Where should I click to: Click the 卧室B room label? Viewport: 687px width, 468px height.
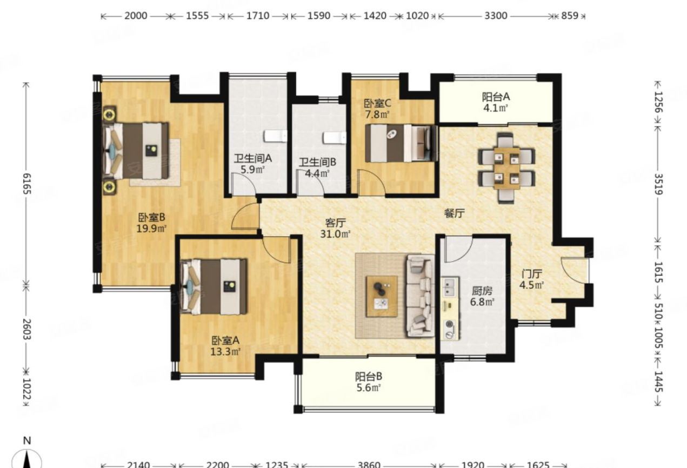pos(152,217)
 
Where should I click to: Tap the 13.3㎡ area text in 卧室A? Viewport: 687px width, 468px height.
pos(225,351)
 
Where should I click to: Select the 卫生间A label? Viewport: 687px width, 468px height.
pos(253,158)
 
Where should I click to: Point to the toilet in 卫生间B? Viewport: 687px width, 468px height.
pos(335,138)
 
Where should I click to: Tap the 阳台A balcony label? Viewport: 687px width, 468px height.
pos(496,97)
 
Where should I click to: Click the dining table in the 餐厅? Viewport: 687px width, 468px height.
pos(506,168)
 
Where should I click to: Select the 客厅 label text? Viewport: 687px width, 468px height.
pos(336,222)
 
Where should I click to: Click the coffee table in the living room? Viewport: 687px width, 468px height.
pos(382,296)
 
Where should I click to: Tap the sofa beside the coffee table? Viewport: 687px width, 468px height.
pos(421,296)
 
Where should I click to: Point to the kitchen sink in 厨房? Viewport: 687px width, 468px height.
pos(450,288)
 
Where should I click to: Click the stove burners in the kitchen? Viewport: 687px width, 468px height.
pos(450,329)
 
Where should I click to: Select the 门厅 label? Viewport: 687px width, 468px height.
pos(532,273)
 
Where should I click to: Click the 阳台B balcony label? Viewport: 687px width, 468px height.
pos(369,376)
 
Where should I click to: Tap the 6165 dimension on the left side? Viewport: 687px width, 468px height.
pos(27,183)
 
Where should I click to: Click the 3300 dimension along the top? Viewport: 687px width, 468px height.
pos(496,16)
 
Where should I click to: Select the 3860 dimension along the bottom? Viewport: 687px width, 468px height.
pos(369,464)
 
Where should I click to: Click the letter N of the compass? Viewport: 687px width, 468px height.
pos(27,440)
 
